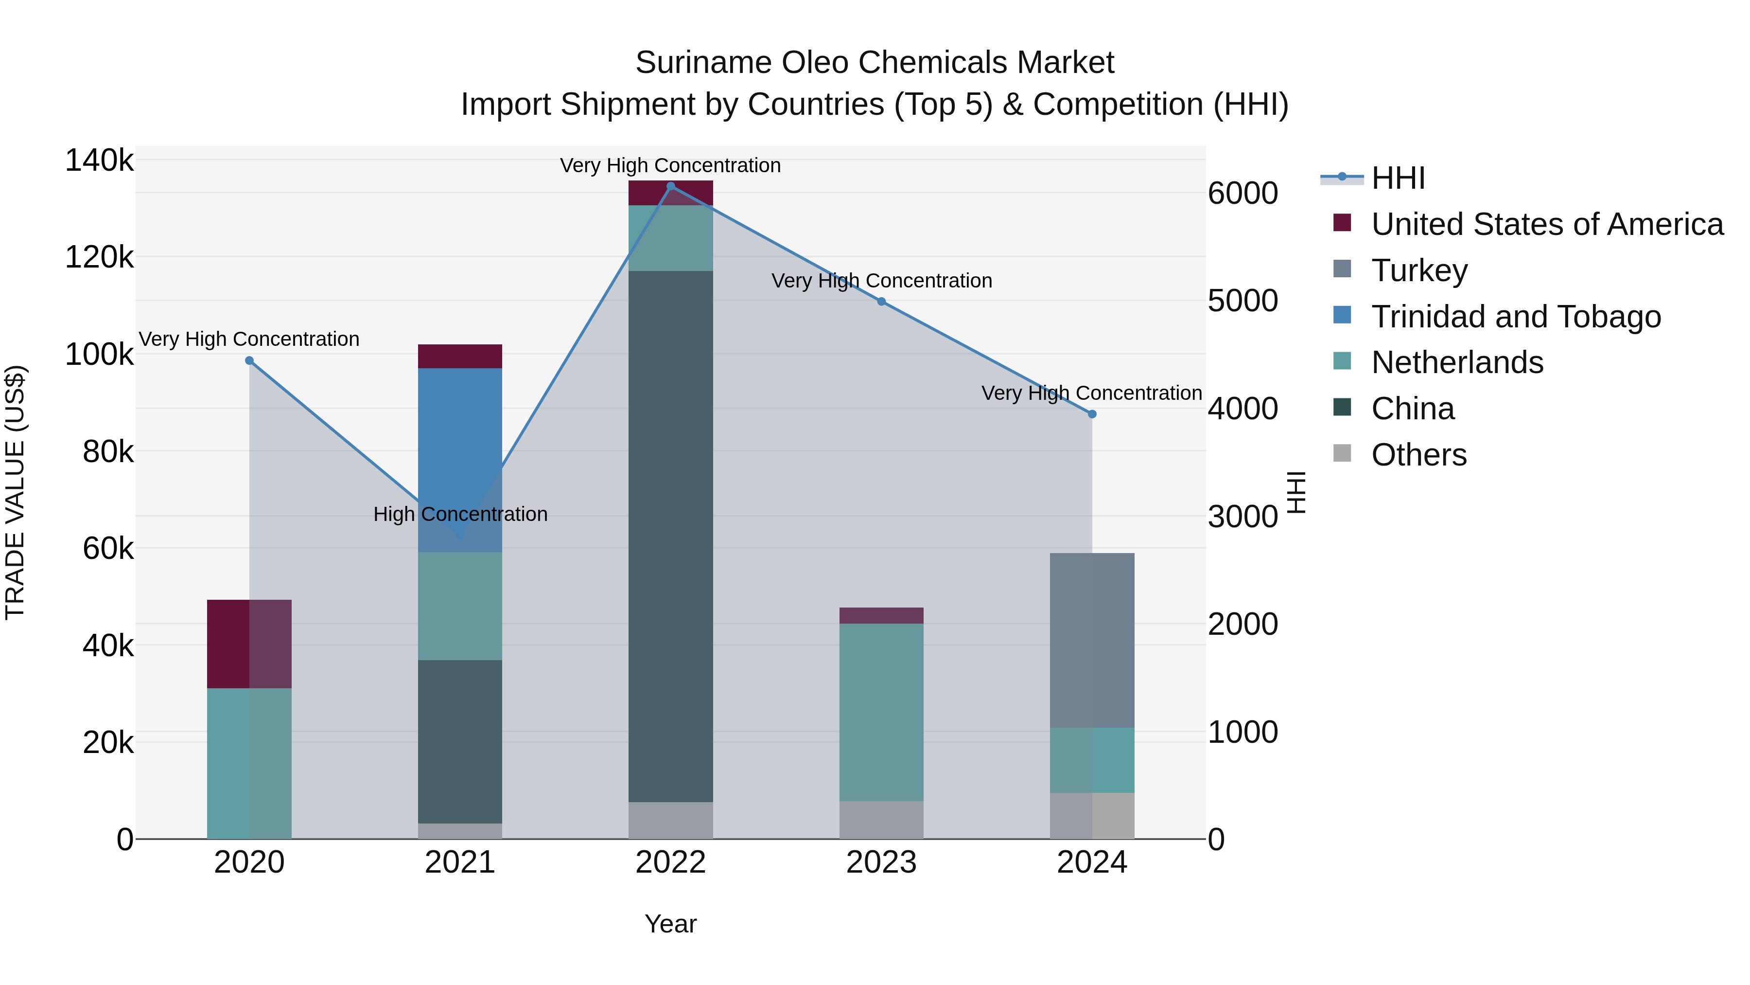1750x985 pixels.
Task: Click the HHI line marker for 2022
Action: pos(670,186)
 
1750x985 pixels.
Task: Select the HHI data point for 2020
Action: pos(249,361)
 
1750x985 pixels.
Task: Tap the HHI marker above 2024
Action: pos(1092,414)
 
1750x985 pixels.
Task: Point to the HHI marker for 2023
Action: pos(881,301)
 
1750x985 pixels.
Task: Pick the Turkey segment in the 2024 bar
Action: pos(1092,640)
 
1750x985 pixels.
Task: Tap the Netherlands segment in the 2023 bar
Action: pos(881,711)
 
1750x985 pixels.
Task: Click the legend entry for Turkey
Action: pos(1418,270)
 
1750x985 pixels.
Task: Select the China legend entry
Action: pos(1412,409)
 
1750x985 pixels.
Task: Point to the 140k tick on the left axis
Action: pos(99,161)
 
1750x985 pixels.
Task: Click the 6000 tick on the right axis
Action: pos(1242,194)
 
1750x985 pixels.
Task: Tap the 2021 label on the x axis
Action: pos(460,862)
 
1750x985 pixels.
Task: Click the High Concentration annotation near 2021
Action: pos(460,514)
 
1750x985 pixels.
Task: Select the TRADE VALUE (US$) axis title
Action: pos(15,492)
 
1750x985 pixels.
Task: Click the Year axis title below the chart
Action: pos(670,924)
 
